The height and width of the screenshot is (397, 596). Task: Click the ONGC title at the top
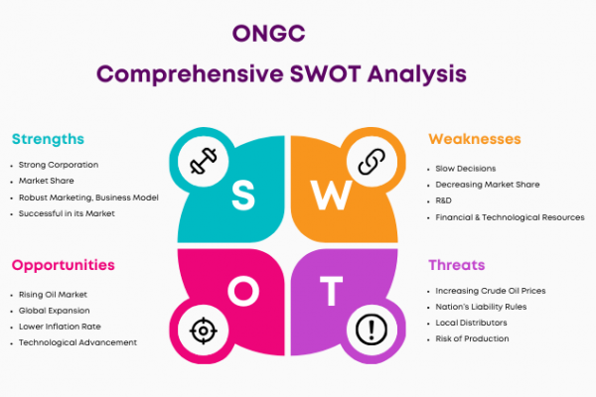point(269,33)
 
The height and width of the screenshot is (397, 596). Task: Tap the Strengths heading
point(48,139)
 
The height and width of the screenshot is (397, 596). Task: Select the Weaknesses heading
point(475,139)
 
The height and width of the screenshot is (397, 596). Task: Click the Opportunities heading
point(64,266)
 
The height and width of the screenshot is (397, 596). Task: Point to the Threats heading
point(457,265)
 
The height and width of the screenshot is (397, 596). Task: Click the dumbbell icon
point(204,161)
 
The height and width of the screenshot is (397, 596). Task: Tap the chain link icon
point(372,162)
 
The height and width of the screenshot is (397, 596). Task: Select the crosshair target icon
point(204,331)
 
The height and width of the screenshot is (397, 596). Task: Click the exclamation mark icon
point(372,330)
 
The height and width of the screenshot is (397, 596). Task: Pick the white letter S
point(243,195)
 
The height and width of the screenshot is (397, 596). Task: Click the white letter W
point(332,195)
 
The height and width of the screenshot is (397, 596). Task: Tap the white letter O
point(243,291)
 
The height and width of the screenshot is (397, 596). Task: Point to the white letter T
point(331,291)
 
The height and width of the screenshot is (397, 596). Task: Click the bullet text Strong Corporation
point(59,165)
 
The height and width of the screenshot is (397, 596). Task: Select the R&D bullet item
point(444,200)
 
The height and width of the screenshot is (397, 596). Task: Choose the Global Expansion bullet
point(55,311)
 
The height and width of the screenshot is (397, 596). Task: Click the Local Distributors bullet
point(471,323)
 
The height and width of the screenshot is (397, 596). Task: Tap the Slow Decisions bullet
point(466,169)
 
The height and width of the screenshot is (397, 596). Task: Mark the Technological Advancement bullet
point(77,342)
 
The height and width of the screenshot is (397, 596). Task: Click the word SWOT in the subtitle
point(325,73)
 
